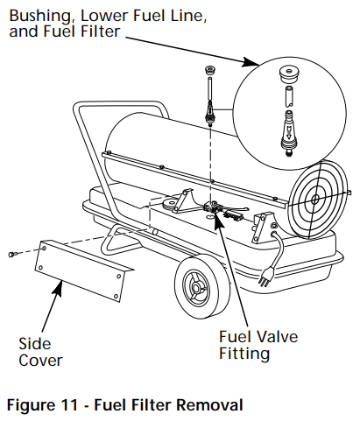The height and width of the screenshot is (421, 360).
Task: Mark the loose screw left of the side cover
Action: (11, 254)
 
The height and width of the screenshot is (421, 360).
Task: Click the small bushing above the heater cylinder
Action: (209, 71)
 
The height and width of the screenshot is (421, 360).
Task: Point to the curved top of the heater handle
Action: (77, 109)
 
